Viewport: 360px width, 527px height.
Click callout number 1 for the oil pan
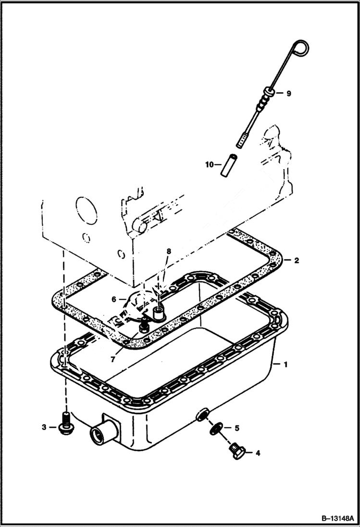286,365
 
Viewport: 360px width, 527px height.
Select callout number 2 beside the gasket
297,260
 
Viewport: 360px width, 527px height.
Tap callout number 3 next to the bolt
44,427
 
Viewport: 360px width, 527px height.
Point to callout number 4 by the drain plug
258,453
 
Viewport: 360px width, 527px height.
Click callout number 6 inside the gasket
114,299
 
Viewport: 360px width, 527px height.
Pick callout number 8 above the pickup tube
168,251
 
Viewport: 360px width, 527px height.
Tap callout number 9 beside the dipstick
288,94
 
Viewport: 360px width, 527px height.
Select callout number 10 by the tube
209,164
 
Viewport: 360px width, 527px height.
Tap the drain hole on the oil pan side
203,414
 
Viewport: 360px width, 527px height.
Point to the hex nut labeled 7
143,328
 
